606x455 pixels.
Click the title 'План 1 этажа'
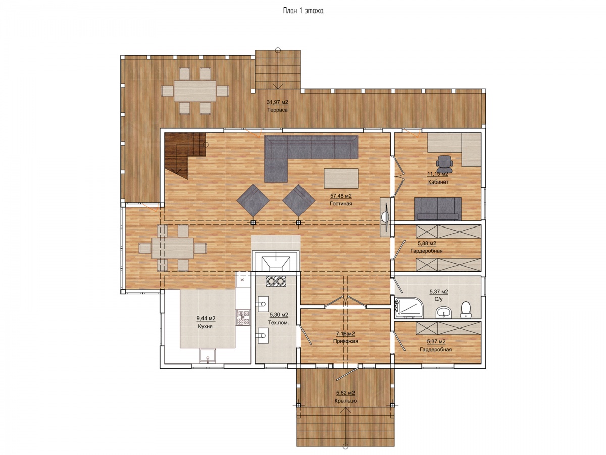pyautogui.click(x=303, y=11)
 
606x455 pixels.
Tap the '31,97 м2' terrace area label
pyautogui.click(x=277, y=102)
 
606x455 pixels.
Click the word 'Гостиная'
pyautogui.click(x=341, y=204)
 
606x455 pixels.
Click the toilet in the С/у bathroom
pyautogui.click(x=466, y=309)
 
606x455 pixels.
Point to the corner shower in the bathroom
pyautogui.click(x=409, y=307)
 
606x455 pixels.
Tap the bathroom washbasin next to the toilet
pyautogui.click(x=444, y=312)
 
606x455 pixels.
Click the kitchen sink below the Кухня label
pyautogui.click(x=208, y=356)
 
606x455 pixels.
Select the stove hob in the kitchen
pyautogui.click(x=243, y=317)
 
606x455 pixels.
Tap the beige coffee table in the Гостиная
pyautogui.click(x=341, y=178)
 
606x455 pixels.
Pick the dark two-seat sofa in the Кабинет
pyautogui.click(x=438, y=209)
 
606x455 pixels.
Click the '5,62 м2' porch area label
pyautogui.click(x=345, y=393)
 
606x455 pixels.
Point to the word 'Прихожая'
pyautogui.click(x=345, y=341)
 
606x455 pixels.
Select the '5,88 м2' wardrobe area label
pyautogui.click(x=427, y=243)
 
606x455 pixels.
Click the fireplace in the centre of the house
pyautogui.click(x=276, y=261)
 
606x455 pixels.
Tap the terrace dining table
pyautogui.click(x=195, y=91)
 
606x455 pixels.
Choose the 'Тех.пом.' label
pyautogui.click(x=279, y=323)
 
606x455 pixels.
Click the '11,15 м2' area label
pyautogui.click(x=438, y=174)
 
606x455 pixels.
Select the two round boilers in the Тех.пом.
pyautogui.click(x=276, y=281)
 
